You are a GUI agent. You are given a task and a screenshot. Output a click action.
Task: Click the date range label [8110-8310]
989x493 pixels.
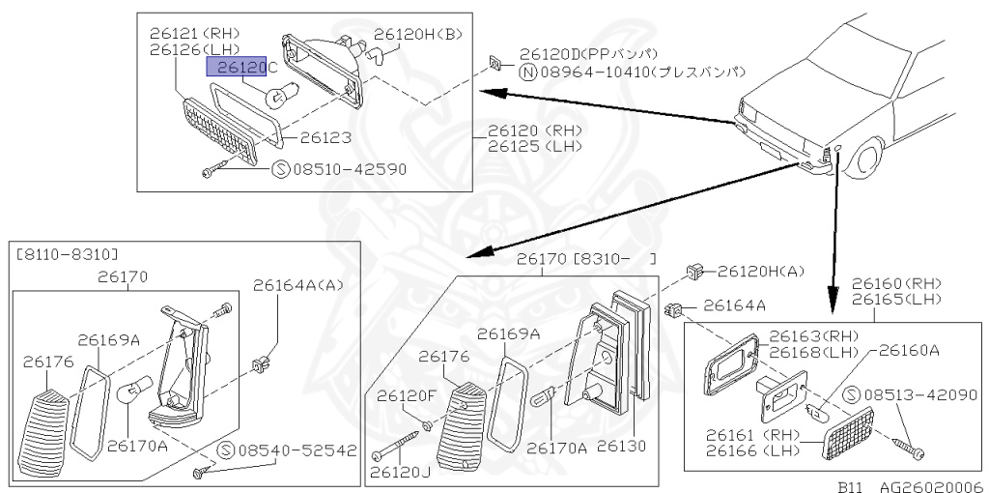pyautogui.click(x=67, y=254)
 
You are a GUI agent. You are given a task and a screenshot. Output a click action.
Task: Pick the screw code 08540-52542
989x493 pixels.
pyautogui.click(x=297, y=450)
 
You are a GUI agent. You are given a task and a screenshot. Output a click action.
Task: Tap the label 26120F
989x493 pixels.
pyautogui.click(x=407, y=395)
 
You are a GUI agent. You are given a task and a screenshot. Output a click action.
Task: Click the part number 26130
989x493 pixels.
pyautogui.click(x=621, y=447)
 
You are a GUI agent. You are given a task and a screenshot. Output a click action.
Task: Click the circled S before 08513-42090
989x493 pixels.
pyautogui.click(x=852, y=394)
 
